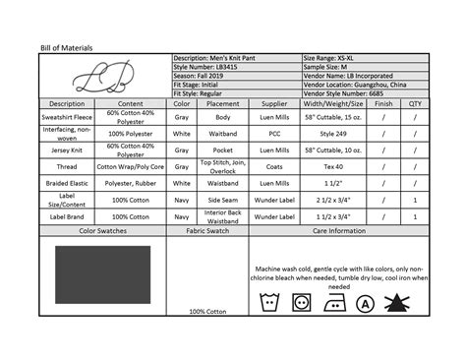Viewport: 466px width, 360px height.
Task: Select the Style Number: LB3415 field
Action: pyautogui.click(x=207, y=68)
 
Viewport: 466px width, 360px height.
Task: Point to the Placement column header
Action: pyautogui.click(x=223, y=102)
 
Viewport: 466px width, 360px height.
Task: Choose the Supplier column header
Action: pyautogui.click(x=275, y=102)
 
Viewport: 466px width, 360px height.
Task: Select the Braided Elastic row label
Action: pyautogui.click(x=67, y=183)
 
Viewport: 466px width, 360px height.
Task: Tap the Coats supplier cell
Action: pyautogui.click(x=275, y=166)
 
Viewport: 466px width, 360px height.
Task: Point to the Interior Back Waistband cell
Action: pyautogui.click(x=223, y=216)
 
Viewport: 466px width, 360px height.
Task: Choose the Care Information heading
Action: pyautogui.click(x=340, y=232)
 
